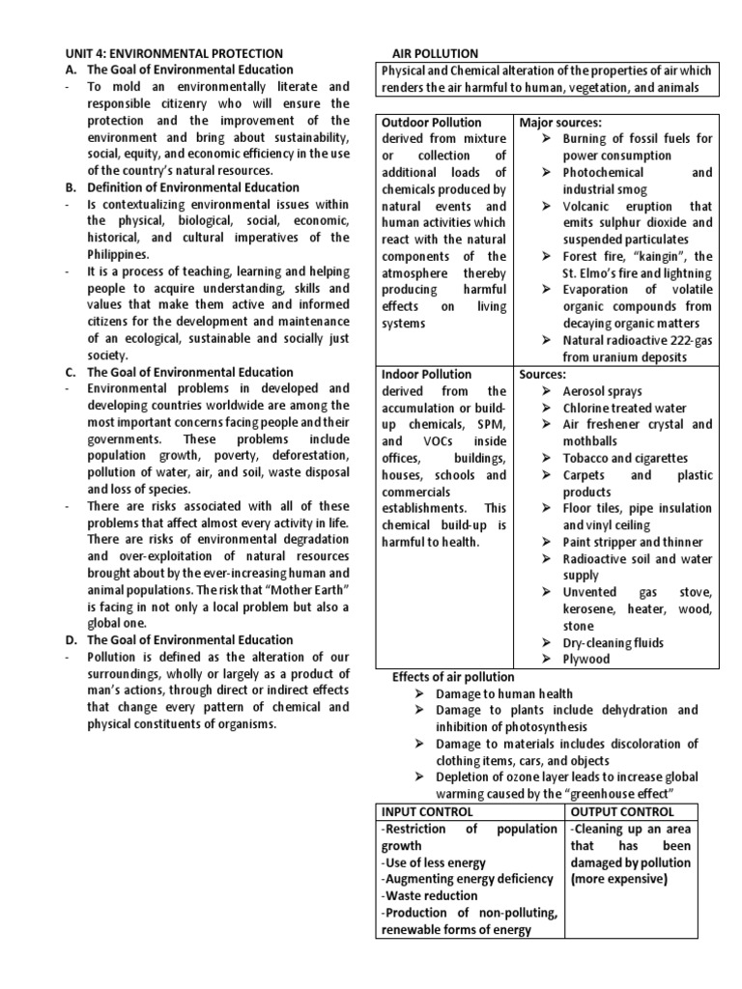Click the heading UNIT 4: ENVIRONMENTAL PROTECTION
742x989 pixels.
[174, 53]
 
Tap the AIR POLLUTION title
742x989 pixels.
[434, 53]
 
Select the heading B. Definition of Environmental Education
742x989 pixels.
[193, 186]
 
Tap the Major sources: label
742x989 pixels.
[560, 123]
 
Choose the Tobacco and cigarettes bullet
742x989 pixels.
[625, 458]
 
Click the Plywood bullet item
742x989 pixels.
[586, 659]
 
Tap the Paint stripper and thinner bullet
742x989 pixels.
[633, 542]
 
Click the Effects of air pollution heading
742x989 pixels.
[453, 676]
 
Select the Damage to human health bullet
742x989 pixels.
[503, 693]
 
